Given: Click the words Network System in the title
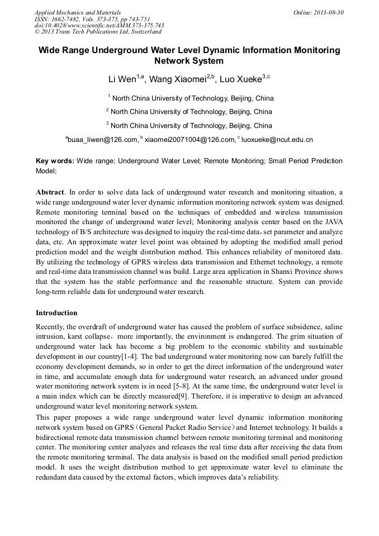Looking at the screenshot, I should [x=189, y=61].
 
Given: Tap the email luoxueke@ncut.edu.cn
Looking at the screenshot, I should [x=276, y=140].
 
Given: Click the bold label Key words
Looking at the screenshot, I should [x=54, y=161].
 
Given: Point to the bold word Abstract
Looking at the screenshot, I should [x=50, y=192].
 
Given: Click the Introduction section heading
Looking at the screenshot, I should [x=56, y=313].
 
